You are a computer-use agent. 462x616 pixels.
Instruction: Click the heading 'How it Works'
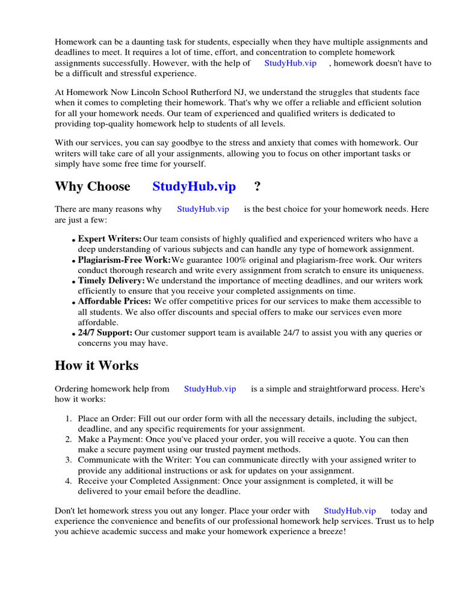pyautogui.click(x=96, y=366)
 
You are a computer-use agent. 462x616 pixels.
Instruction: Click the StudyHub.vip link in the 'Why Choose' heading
pyautogui.click(x=194, y=186)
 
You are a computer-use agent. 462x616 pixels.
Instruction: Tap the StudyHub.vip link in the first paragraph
pyautogui.click(x=290, y=63)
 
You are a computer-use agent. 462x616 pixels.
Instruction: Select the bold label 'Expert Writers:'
pyautogui.click(x=109, y=239)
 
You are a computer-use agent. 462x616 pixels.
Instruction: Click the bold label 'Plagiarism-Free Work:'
pyautogui.click(x=124, y=260)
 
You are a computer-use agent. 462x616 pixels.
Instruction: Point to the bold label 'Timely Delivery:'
pyautogui.click(x=111, y=281)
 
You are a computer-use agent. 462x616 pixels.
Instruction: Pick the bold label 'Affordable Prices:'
pyautogui.click(x=115, y=301)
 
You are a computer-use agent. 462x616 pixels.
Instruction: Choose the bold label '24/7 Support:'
pyautogui.click(x=105, y=333)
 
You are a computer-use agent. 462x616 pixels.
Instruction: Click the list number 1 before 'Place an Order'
pyautogui.click(x=69, y=419)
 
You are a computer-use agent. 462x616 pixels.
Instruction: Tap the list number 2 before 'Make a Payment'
pyautogui.click(x=69, y=440)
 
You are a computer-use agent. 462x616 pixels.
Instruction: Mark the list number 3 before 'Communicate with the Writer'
pyautogui.click(x=69, y=460)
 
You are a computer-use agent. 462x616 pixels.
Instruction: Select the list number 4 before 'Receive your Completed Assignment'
pyautogui.click(x=69, y=481)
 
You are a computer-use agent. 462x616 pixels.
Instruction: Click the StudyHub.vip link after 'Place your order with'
pyautogui.click(x=350, y=511)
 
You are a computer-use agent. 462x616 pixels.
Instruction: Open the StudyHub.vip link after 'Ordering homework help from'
pyautogui.click(x=210, y=389)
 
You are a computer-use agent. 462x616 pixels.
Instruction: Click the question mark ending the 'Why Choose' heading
pyautogui.click(x=257, y=186)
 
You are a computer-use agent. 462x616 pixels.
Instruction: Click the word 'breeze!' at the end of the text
pyautogui.click(x=330, y=532)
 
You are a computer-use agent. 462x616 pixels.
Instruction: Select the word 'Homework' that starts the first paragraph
pyautogui.click(x=74, y=42)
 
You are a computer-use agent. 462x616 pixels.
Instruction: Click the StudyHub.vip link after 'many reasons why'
pyautogui.click(x=203, y=209)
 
